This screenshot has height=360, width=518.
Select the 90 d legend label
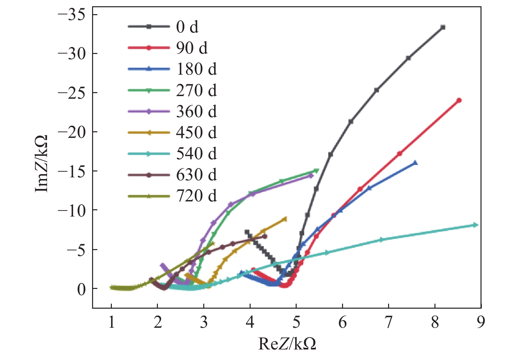tap(192, 48)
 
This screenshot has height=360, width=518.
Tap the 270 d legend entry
tap(196, 90)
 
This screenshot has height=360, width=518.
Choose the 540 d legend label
tap(196, 154)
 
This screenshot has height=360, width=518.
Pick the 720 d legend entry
tap(196, 196)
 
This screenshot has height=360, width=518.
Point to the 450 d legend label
tap(196, 133)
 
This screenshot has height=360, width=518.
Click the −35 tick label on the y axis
tap(71, 15)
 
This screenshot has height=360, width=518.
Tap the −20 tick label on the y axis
tap(71, 132)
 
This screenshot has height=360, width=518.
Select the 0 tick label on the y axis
tap(81, 289)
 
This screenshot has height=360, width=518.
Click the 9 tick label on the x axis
tap(481, 322)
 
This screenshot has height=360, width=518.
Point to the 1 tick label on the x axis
tap(111, 322)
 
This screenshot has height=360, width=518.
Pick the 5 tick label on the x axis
tap(296, 322)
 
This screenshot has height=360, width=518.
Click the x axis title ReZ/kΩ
tap(287, 344)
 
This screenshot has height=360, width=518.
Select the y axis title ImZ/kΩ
tap(42, 163)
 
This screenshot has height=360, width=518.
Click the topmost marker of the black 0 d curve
tap(443, 27)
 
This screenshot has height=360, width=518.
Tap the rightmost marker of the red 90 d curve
tap(459, 100)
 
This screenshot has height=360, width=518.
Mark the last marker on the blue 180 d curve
tap(415, 163)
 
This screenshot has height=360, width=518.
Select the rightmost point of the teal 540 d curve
tap(475, 225)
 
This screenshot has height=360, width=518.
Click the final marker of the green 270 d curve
tap(316, 171)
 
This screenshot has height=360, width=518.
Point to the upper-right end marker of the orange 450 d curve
tap(285, 219)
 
